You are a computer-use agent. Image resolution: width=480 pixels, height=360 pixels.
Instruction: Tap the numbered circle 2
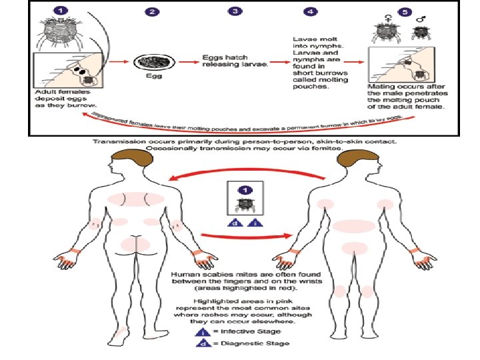[x=153, y=12]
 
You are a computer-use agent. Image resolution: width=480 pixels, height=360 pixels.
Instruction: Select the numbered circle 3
[x=235, y=11]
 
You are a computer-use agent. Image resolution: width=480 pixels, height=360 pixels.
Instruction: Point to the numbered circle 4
[x=311, y=12]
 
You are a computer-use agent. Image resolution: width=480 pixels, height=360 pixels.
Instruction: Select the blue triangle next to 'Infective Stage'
[x=199, y=330]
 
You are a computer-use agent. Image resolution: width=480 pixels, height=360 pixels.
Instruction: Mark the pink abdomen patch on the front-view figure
[x=354, y=226]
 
